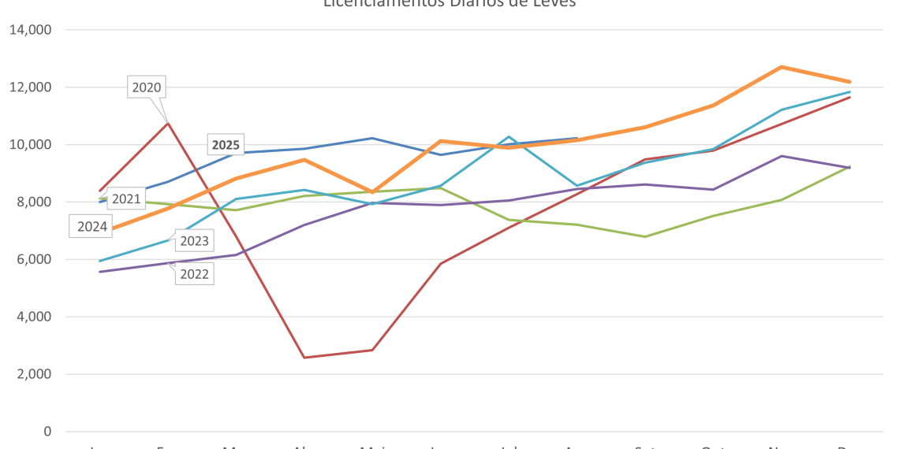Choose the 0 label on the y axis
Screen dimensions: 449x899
[x=48, y=432]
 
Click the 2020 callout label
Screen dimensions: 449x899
[x=147, y=87]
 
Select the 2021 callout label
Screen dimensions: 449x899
[x=125, y=199]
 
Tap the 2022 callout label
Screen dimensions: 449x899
[x=194, y=274]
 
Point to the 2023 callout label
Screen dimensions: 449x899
[x=194, y=241]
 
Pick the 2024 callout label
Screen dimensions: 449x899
[x=92, y=227]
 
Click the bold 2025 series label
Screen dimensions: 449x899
[x=225, y=145]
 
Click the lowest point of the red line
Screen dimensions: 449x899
[x=304, y=358]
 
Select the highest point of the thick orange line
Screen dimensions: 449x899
[x=780, y=67]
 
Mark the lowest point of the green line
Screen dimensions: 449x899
[x=645, y=236]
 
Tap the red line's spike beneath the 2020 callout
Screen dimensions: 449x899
[x=167, y=122]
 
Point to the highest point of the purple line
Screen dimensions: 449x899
[x=781, y=156]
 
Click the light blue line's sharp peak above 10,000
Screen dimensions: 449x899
[x=509, y=137]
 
